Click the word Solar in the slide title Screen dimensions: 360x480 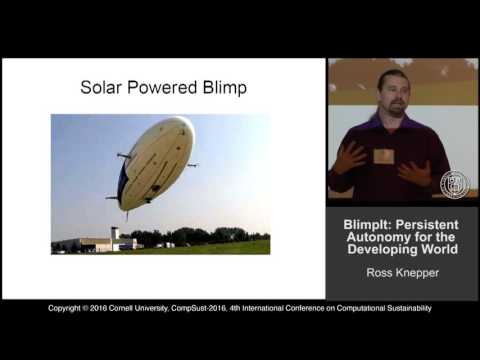[102, 88]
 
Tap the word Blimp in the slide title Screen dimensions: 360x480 [224, 88]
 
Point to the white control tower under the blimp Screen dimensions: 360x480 [115, 236]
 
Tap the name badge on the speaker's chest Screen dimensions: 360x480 [383, 156]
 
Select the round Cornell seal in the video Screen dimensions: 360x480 [453, 184]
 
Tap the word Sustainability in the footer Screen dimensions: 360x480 [403, 309]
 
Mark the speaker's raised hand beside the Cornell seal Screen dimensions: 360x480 [419, 172]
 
